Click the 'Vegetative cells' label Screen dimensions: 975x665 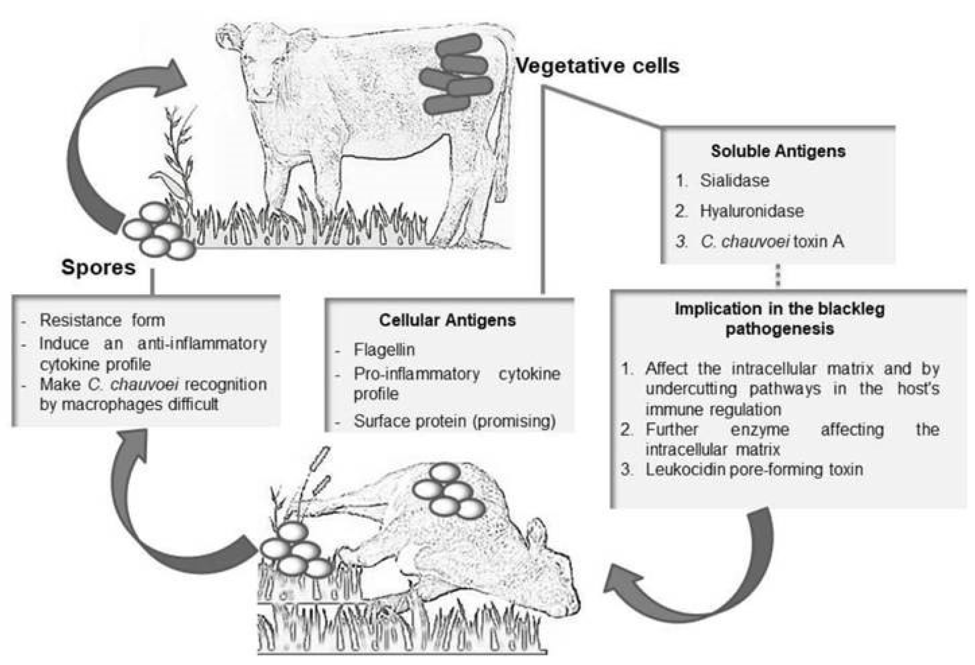click(597, 65)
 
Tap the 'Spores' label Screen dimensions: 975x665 click(98, 267)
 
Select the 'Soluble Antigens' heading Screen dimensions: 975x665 click(778, 151)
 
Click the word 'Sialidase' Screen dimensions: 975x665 click(734, 181)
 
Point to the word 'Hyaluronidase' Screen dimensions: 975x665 click(751, 211)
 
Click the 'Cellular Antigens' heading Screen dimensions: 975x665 click(447, 320)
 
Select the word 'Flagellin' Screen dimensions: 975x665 click(384, 350)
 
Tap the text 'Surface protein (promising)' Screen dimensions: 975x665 click(454, 421)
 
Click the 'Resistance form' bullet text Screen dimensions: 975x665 click(102, 320)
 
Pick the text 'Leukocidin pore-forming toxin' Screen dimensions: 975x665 click(754, 469)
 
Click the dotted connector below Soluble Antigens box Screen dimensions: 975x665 click(778, 275)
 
